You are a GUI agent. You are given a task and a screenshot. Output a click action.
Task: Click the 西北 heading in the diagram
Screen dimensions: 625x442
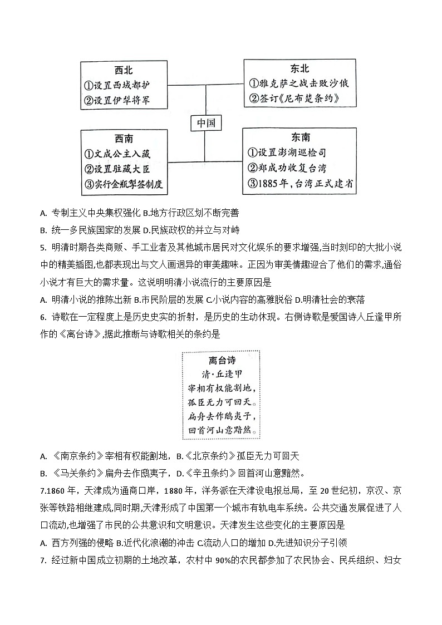124,70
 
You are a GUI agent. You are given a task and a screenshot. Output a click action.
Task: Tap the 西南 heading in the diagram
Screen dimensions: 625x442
124,139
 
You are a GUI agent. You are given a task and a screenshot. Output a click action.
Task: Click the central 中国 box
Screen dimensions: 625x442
205,122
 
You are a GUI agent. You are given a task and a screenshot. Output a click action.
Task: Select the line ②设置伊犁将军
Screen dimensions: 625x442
117,101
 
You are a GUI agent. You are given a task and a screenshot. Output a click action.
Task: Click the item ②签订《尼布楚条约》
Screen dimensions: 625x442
294,99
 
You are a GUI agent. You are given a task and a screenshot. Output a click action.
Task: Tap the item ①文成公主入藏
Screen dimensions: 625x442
117,154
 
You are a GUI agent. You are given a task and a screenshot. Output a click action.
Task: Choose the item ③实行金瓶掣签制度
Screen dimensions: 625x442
124,185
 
